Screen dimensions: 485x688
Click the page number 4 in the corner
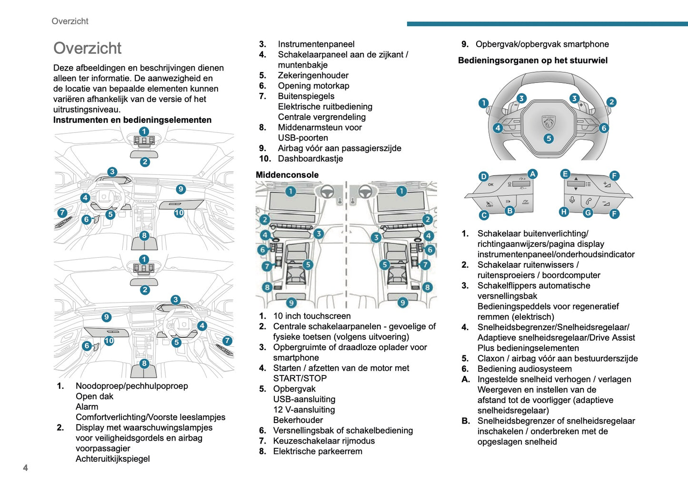(x=25, y=468)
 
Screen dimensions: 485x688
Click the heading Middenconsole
(x=287, y=175)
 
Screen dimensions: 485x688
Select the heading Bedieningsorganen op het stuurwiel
(x=532, y=61)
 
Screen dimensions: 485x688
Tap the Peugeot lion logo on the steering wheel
(x=548, y=122)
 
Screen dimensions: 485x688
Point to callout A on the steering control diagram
(x=532, y=174)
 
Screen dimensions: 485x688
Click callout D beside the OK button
(x=483, y=176)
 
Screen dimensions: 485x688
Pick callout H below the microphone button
(x=564, y=212)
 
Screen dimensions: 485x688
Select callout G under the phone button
(x=588, y=212)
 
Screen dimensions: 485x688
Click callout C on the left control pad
(x=484, y=215)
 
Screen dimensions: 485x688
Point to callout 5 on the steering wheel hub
(x=548, y=138)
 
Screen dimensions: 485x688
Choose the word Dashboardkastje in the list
(x=310, y=159)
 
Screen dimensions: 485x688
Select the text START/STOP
(x=299, y=378)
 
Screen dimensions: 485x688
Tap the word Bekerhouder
(x=298, y=420)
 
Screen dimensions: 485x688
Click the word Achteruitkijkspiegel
(x=112, y=459)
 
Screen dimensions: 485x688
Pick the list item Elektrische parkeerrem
(x=317, y=451)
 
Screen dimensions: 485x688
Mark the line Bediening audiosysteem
(x=524, y=369)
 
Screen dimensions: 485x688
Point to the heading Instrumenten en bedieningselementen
(x=132, y=120)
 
